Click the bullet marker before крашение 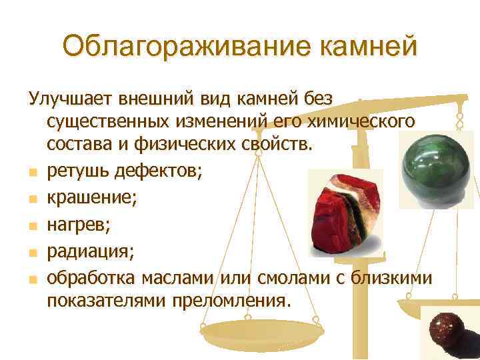point(31,199)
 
